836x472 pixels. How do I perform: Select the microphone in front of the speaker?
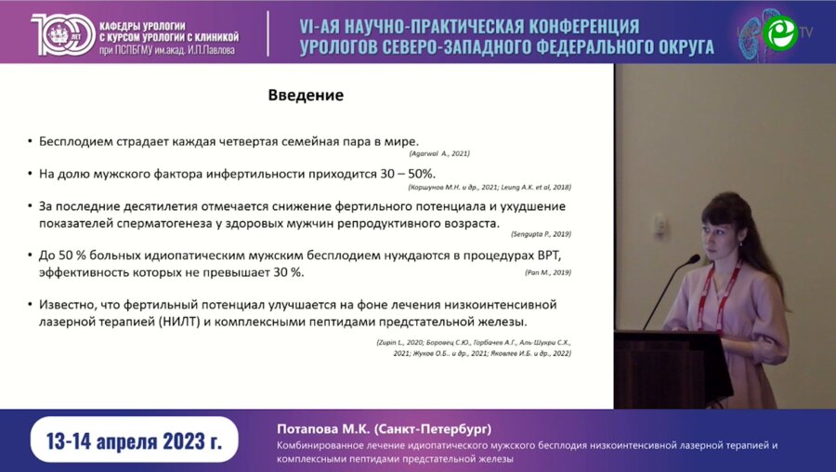click(x=691, y=260)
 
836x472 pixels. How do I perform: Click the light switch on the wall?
click(x=660, y=224)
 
